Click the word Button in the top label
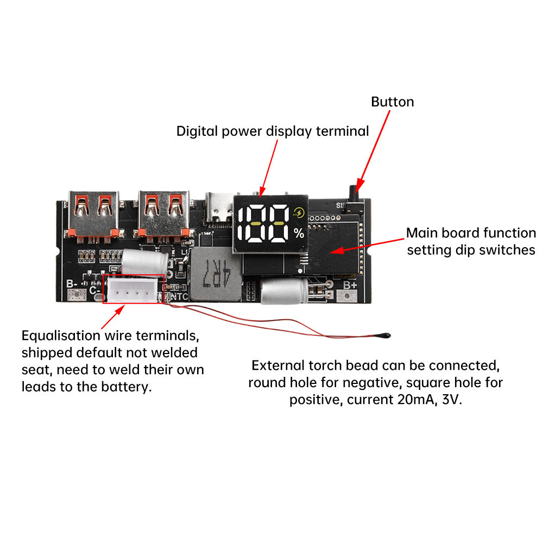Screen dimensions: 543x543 pyautogui.click(x=392, y=102)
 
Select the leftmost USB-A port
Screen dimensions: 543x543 pyautogui.click(x=91, y=213)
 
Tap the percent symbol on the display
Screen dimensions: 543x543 pyautogui.click(x=299, y=234)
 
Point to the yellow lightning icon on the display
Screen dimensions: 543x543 pyautogui.click(x=298, y=213)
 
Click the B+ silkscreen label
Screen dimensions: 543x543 pyautogui.click(x=350, y=284)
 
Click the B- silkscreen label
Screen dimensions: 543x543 pyautogui.click(x=72, y=283)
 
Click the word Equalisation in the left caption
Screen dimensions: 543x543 pyautogui.click(x=61, y=336)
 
